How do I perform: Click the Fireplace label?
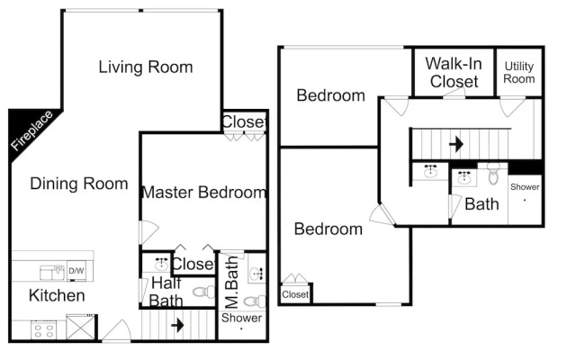31,130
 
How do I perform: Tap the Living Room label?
146,67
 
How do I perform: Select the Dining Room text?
79,184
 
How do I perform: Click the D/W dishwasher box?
76,271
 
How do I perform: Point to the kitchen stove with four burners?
44,330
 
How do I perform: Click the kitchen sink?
52,272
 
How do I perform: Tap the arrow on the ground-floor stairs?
178,325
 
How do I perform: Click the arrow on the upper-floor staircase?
456,144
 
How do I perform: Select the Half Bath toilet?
204,292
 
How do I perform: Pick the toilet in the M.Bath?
255,301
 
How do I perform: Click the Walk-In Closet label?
454,72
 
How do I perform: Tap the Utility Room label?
519,72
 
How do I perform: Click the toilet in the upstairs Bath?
493,174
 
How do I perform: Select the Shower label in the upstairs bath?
525,187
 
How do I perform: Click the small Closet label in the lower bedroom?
295,294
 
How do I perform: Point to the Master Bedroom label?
204,192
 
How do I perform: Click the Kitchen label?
57,295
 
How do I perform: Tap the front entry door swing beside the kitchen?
116,330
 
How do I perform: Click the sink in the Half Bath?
161,263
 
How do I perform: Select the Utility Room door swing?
512,106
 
